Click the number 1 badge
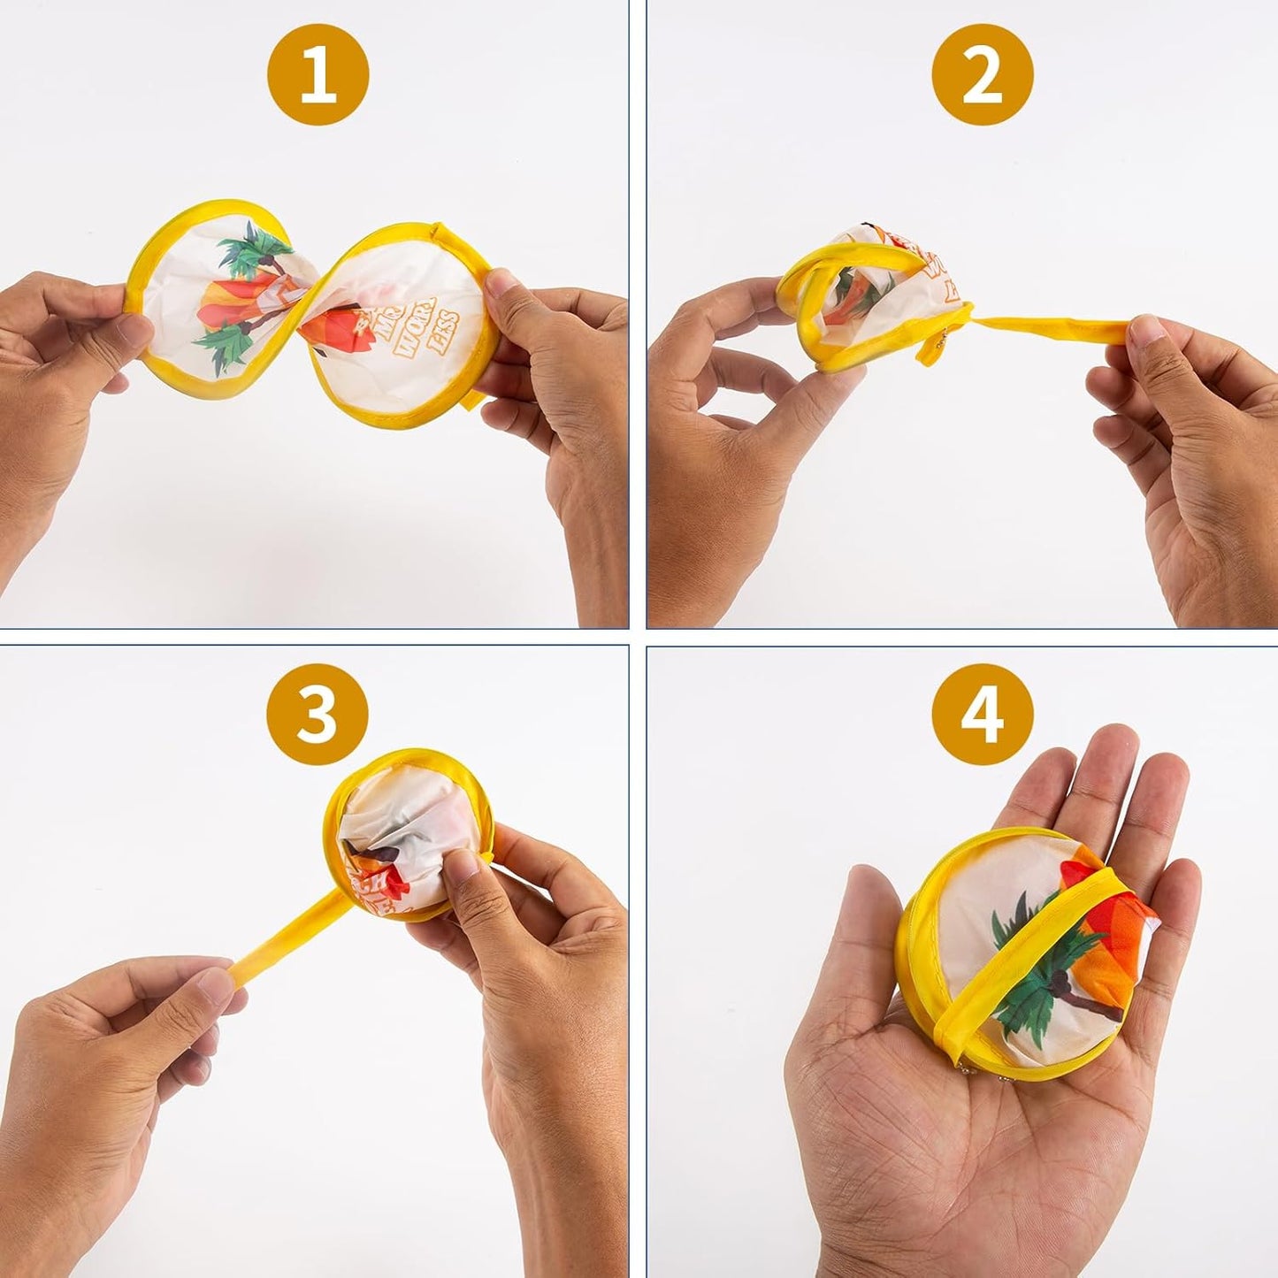pyautogui.click(x=318, y=78)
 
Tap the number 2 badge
pyautogui.click(x=982, y=78)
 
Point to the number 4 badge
pyautogui.click(x=982, y=715)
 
